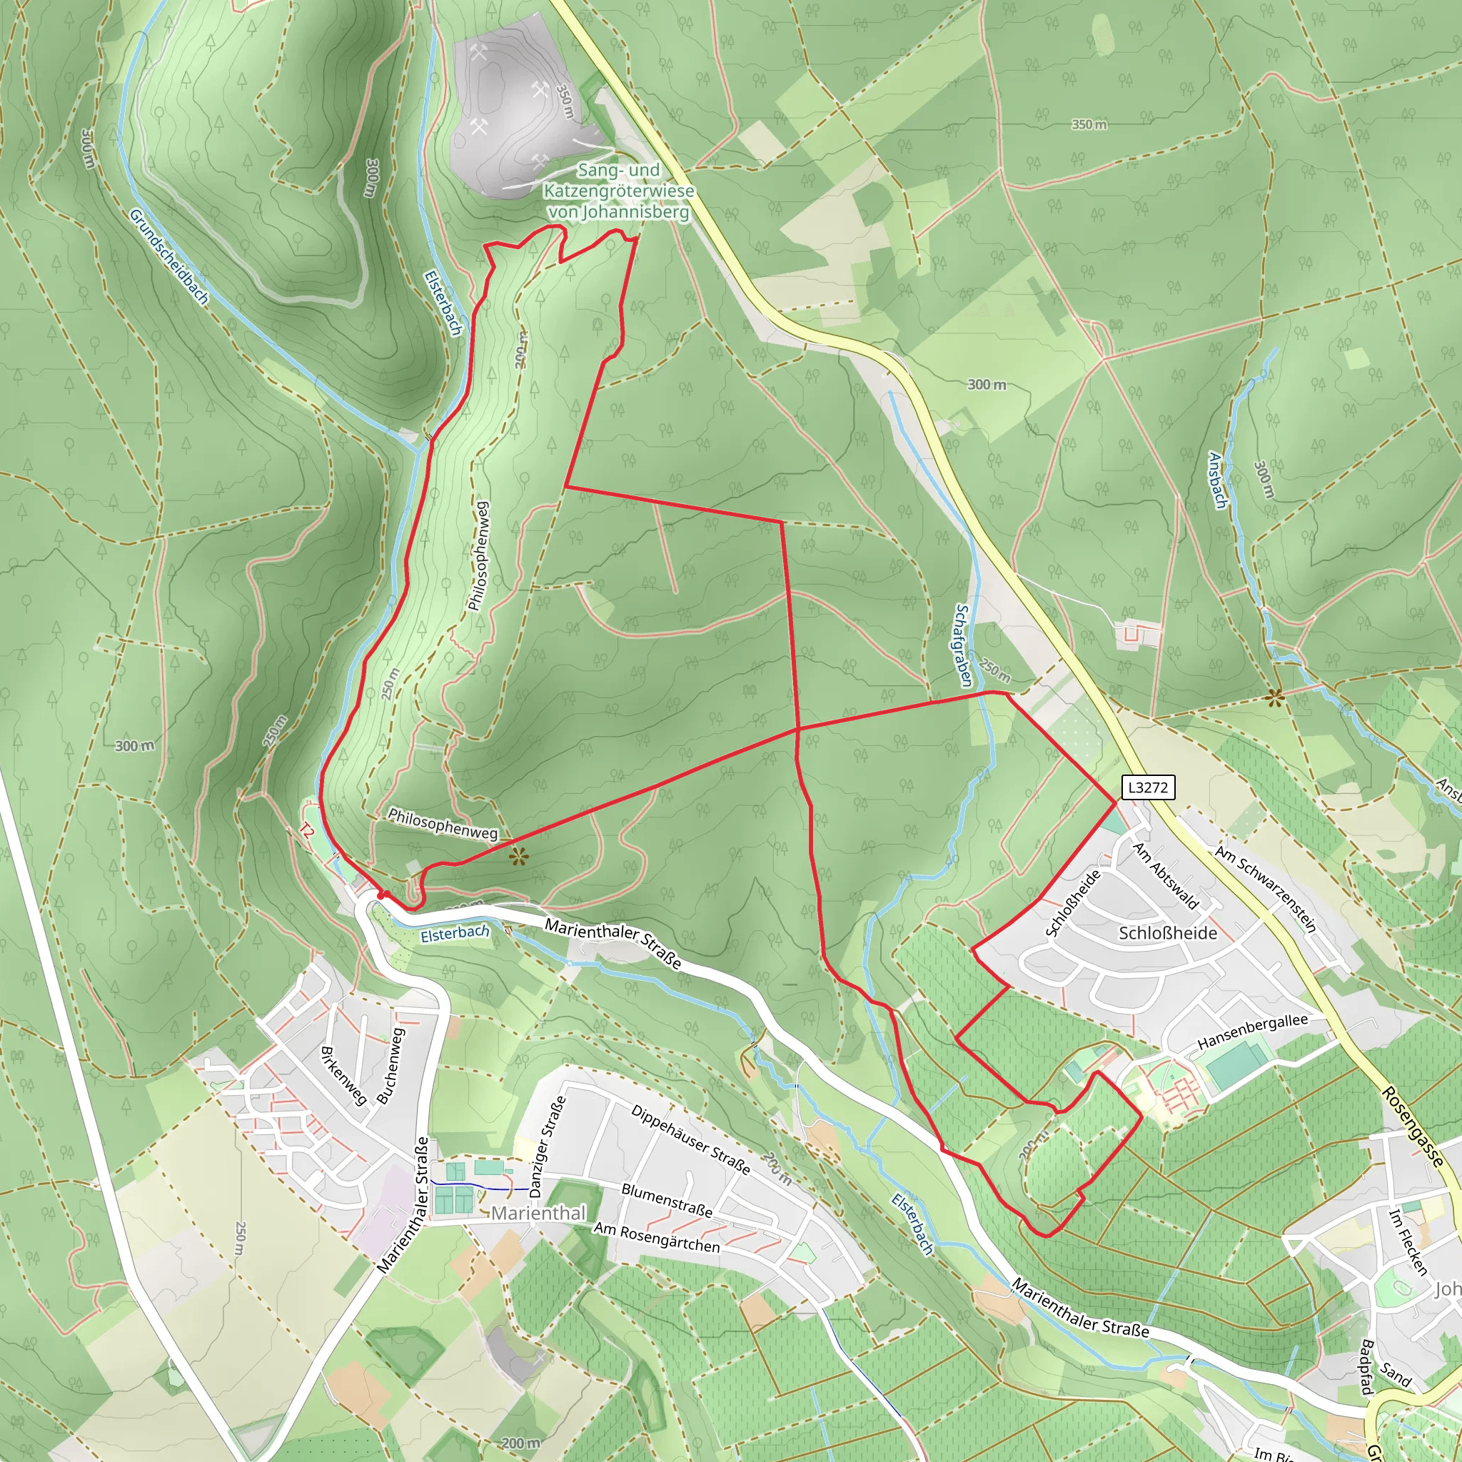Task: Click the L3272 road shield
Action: coord(1147,788)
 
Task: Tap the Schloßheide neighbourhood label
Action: coord(1168,933)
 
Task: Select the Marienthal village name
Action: coord(538,1213)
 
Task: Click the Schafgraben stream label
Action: coord(962,645)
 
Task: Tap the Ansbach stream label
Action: coord(1218,480)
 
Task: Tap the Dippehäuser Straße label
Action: coord(691,1139)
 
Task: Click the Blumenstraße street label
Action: coord(667,1200)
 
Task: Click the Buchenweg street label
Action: coord(391,1064)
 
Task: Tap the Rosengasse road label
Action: coord(1412,1127)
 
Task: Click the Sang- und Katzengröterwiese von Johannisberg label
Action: coord(618,191)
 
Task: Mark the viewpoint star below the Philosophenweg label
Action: coord(518,857)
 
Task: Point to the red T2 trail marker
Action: coord(306,832)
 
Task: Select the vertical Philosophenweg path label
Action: coord(478,556)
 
